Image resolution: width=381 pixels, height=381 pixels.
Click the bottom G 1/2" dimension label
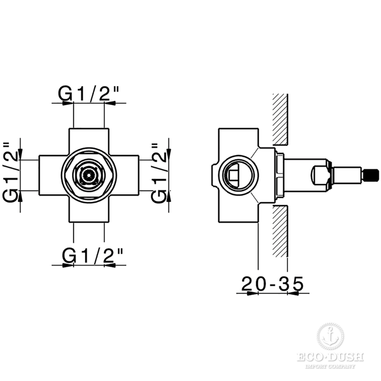coord(92,255)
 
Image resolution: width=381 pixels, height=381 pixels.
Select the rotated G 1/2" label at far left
coord(10,173)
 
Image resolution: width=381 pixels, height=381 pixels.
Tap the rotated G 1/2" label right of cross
coord(158,173)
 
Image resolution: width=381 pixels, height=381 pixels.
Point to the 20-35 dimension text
coord(273,284)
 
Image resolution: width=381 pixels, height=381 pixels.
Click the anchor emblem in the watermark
coord(330,339)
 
